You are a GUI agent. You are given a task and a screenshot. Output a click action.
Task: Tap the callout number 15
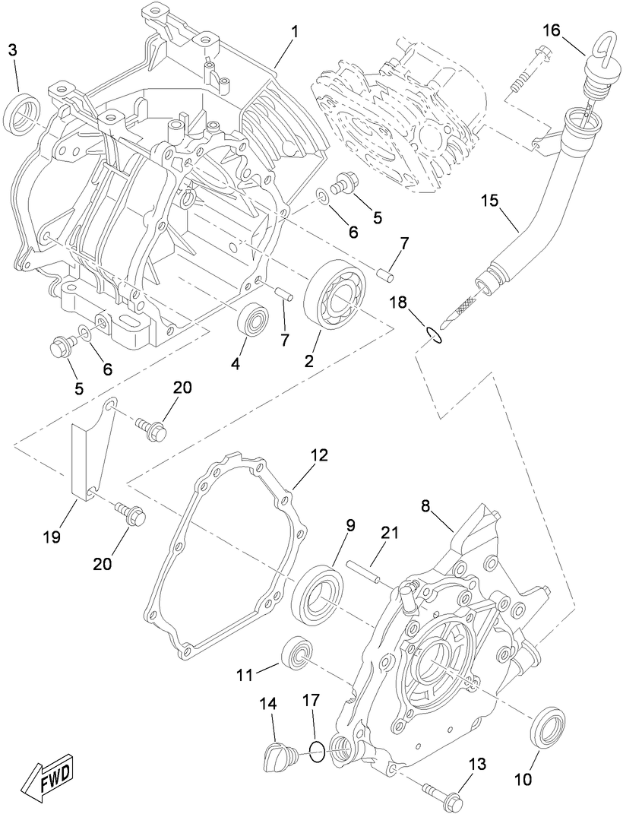(490, 201)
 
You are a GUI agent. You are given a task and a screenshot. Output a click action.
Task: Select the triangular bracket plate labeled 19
(90, 460)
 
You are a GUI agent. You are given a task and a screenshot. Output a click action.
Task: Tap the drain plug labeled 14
(278, 754)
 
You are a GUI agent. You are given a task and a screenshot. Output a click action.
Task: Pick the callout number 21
(389, 534)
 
